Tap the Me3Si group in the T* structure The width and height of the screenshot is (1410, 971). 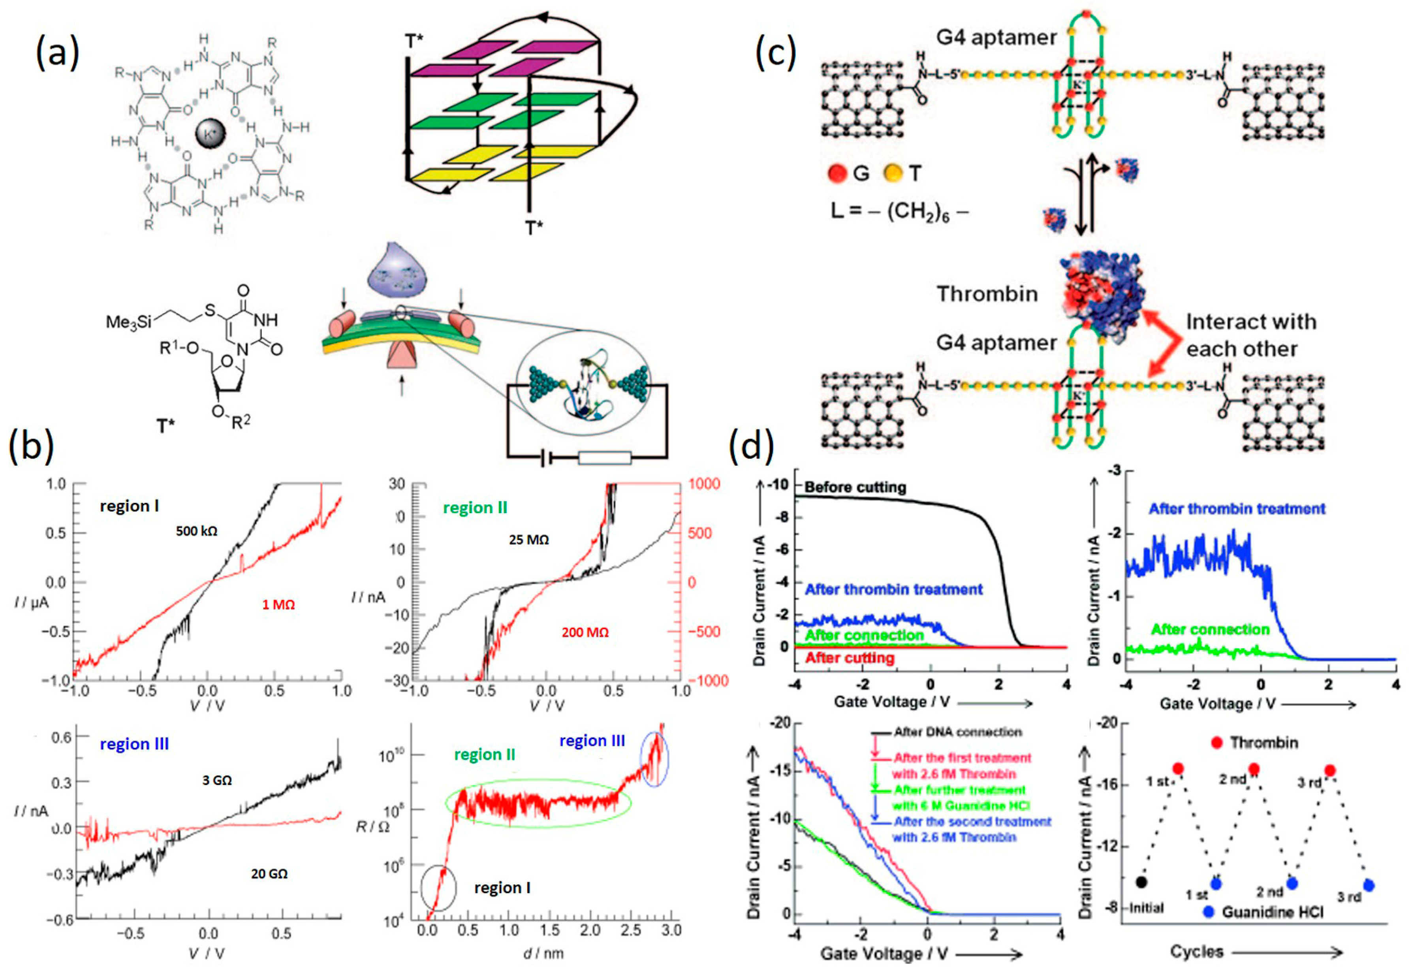pos(129,321)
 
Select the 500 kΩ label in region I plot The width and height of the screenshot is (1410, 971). pos(196,531)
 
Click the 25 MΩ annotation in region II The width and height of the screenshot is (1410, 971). pos(528,540)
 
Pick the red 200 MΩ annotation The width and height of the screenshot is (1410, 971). pos(585,632)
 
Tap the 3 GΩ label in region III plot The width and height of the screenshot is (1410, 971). pos(217,780)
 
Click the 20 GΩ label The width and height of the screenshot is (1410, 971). pos(269,874)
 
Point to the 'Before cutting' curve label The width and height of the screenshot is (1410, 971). pos(855,487)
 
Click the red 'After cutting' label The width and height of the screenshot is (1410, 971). pos(850,658)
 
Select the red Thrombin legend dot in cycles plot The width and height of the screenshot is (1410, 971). pos(1216,742)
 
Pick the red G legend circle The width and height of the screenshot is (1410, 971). pos(838,173)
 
